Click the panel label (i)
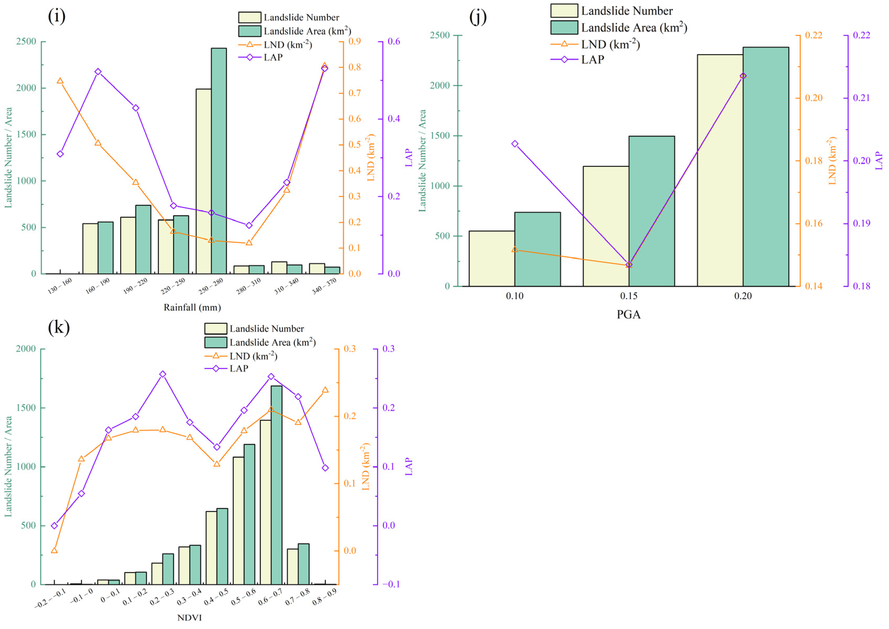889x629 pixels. (56, 16)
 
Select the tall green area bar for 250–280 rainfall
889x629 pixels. (219, 161)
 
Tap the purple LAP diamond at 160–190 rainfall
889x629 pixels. (98, 72)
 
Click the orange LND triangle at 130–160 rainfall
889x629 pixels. (60, 81)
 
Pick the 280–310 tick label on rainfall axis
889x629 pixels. (249, 286)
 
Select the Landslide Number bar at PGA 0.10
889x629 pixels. (492, 259)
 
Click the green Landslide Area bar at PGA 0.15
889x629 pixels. (652, 211)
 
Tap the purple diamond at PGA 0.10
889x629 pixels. (515, 144)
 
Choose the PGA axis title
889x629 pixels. (628, 314)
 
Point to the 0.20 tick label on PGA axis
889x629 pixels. (743, 296)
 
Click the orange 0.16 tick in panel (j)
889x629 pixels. (814, 224)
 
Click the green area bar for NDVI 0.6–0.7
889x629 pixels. (276, 485)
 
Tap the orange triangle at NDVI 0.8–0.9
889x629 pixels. (325, 390)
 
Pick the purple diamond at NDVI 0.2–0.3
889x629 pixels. (163, 374)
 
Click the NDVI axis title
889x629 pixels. (189, 618)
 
